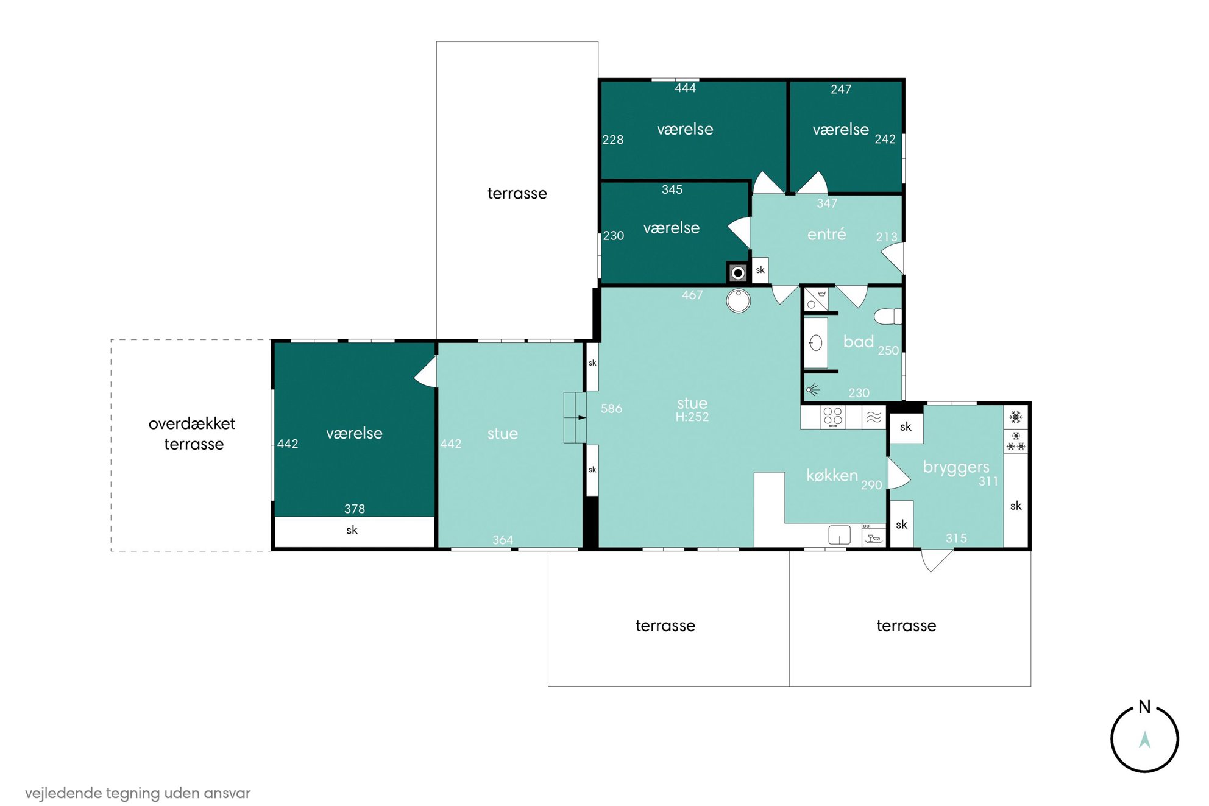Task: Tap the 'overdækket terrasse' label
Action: (x=192, y=434)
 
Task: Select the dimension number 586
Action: (x=611, y=409)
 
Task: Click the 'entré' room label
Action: (x=826, y=234)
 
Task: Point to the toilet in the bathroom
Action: (x=888, y=316)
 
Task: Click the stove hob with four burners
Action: (x=832, y=417)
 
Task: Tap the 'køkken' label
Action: (x=832, y=475)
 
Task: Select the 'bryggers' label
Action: (x=955, y=468)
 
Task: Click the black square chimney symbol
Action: (x=737, y=273)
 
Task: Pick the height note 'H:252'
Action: (x=692, y=417)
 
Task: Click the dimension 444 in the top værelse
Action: (x=685, y=88)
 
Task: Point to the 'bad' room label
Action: (x=858, y=342)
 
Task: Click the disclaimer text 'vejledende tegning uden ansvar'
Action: (x=138, y=793)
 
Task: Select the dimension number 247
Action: (x=841, y=90)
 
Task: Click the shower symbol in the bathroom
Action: (x=813, y=389)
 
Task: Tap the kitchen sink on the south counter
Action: (x=839, y=535)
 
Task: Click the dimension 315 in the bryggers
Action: (x=956, y=538)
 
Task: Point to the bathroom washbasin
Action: (x=815, y=343)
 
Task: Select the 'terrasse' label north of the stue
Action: (x=517, y=194)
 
